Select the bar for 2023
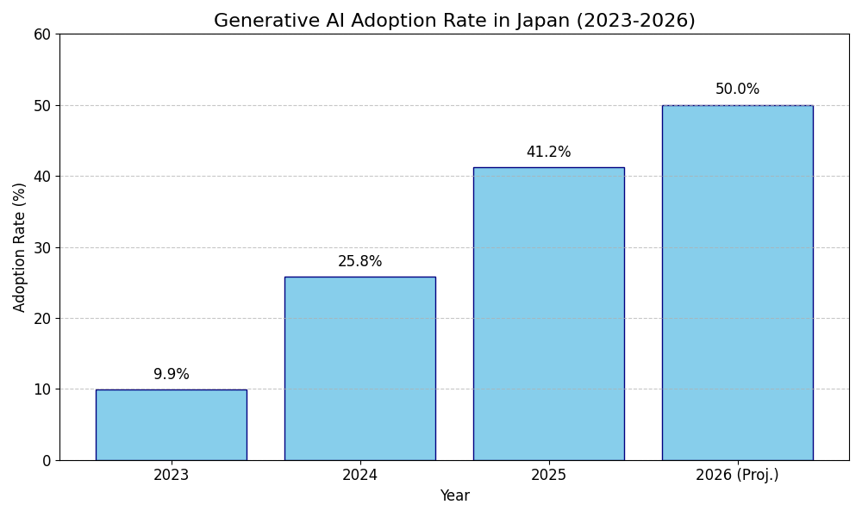click(171, 425)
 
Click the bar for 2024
click(359, 369)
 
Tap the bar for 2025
click(548, 314)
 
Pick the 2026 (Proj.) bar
click(737, 283)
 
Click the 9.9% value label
click(171, 375)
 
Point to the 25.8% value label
click(359, 262)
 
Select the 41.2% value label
click(548, 153)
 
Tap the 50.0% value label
click(737, 90)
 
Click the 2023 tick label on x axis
click(171, 475)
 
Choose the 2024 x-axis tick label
click(359, 475)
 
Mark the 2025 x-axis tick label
click(548, 475)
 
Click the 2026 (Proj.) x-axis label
click(737, 475)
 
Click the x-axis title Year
click(454, 496)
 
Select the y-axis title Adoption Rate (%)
click(20, 247)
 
